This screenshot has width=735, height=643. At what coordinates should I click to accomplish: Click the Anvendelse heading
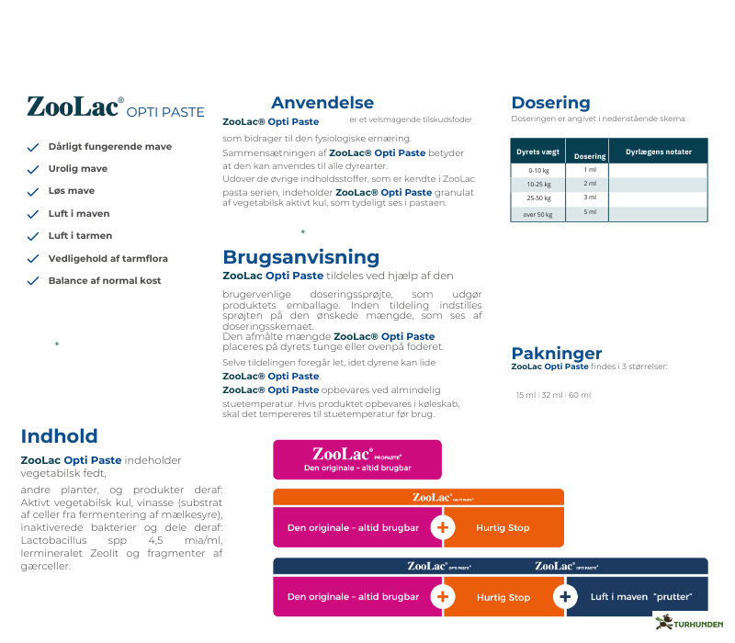[322, 103]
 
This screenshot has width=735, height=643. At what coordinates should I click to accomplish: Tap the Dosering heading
[550, 103]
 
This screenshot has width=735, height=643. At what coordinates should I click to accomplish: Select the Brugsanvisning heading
[300, 257]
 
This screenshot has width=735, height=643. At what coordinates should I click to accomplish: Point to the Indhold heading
[59, 436]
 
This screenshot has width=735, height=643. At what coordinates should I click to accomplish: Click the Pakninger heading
[556, 354]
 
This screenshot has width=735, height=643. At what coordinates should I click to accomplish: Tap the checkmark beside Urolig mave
[32, 169]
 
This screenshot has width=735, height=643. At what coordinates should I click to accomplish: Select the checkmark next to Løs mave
[32, 191]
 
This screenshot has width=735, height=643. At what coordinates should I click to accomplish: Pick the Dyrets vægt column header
[537, 152]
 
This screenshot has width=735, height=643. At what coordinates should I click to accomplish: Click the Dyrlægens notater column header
[658, 152]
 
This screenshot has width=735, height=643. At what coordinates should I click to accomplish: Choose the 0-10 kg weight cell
[537, 171]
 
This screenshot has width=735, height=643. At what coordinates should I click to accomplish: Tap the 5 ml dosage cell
[590, 212]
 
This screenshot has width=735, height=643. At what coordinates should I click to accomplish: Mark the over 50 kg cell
[537, 214]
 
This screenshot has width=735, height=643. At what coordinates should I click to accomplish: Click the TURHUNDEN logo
[690, 623]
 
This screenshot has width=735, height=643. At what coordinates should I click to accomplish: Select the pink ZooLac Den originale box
[357, 459]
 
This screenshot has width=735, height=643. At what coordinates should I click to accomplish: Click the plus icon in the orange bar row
[443, 528]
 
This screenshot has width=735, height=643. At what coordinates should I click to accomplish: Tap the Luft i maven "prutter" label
[640, 597]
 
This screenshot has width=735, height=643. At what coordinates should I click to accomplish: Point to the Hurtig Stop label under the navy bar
[503, 597]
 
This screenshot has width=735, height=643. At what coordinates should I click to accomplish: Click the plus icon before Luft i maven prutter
[564, 597]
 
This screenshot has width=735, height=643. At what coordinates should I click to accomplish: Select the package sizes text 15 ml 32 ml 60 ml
[553, 395]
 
